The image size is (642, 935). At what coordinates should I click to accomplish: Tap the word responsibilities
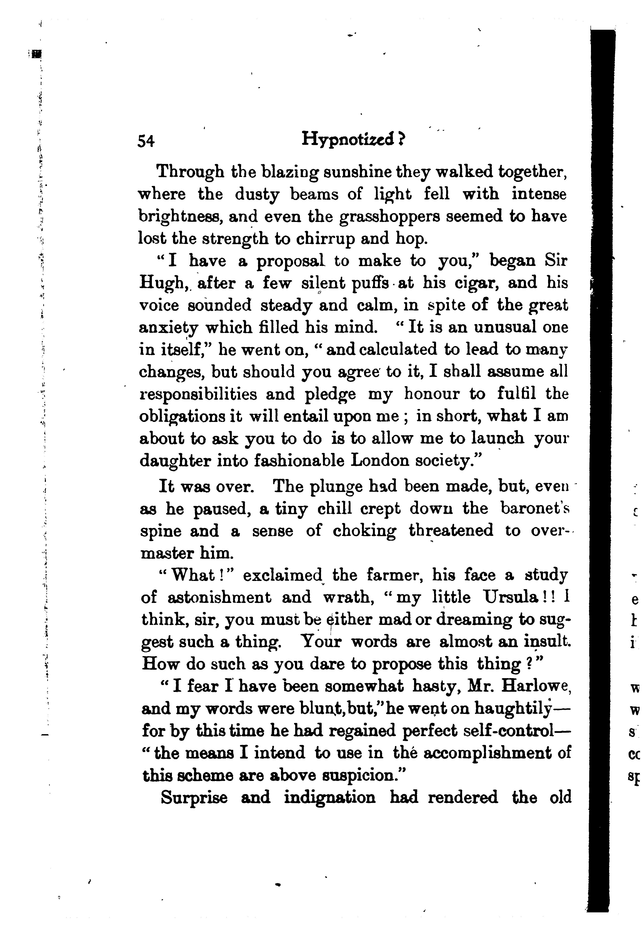click(x=198, y=394)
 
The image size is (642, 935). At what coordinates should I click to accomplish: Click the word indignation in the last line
click(x=330, y=797)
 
